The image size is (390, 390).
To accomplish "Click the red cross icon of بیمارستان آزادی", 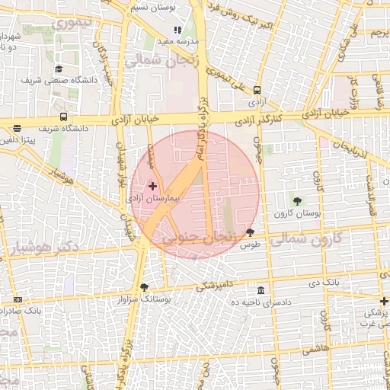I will pos(152,186).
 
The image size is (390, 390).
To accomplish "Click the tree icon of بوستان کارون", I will pos(296,201).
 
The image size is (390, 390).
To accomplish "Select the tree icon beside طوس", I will pos(251,232).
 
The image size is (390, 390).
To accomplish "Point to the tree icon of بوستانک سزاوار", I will pos(144,287).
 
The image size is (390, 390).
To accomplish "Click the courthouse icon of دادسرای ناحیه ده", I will pos(261,290).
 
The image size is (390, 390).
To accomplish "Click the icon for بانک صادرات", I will pos(18,300).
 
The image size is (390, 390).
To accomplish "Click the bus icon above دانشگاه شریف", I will pos(63,117).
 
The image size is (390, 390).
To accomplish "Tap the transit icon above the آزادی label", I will pos(257,90).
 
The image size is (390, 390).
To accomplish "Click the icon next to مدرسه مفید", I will pos(178,30).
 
